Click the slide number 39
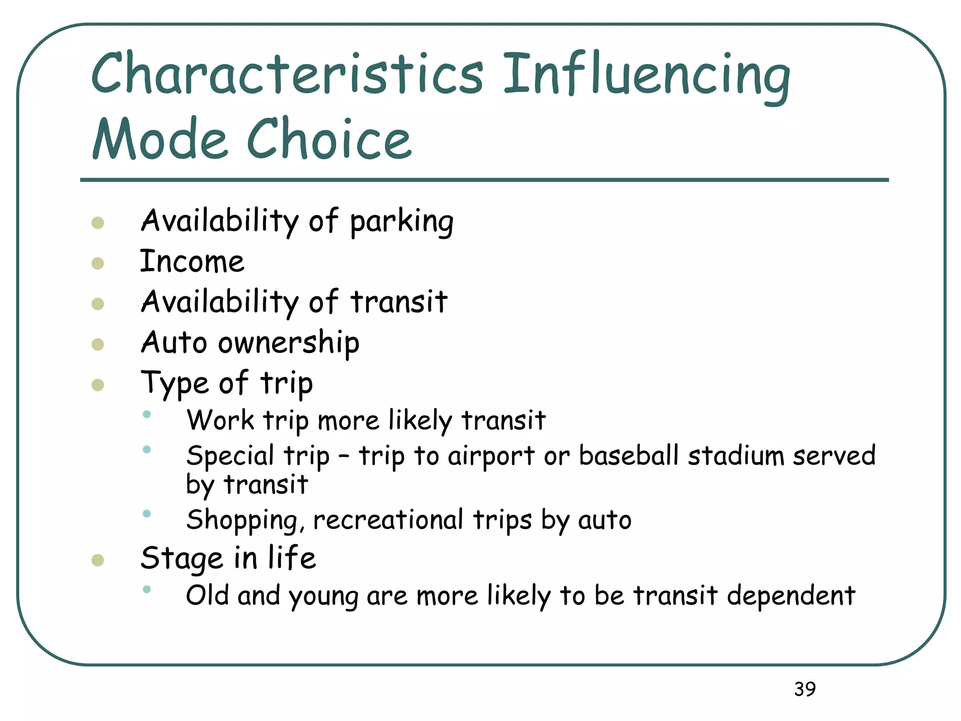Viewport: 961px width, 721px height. (805, 689)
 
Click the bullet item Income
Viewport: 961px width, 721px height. (192, 261)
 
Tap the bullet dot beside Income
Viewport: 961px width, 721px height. (98, 263)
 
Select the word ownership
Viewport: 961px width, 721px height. (289, 343)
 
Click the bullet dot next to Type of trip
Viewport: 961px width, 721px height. (98, 385)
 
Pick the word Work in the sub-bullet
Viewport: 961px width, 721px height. (220, 420)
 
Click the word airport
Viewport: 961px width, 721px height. (491, 456)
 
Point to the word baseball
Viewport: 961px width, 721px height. (629, 455)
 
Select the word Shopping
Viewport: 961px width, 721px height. (242, 521)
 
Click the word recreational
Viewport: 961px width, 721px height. (388, 520)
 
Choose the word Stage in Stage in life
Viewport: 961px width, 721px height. (182, 559)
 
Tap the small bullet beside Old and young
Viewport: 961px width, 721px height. (147, 590)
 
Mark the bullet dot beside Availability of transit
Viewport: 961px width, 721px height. (98, 304)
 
